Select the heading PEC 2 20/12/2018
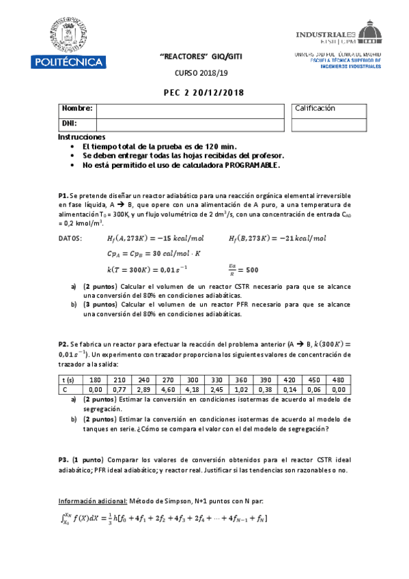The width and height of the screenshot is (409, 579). tap(204, 93)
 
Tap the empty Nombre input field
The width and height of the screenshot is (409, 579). tap(189, 110)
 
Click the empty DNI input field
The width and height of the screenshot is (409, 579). tap(189, 124)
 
